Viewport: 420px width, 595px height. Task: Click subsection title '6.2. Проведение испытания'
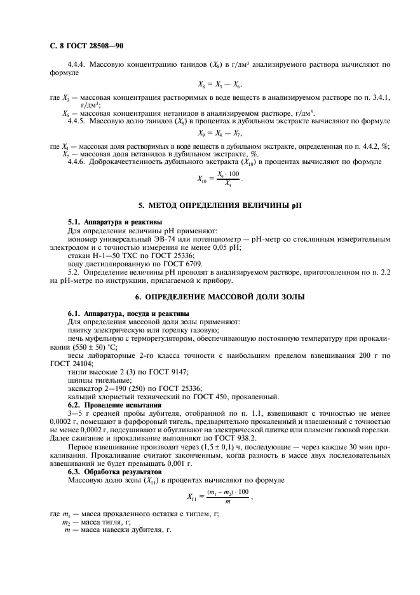pyautogui.click(x=105, y=405)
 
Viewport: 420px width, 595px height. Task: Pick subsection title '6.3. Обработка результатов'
pyautogui.click(x=107, y=472)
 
